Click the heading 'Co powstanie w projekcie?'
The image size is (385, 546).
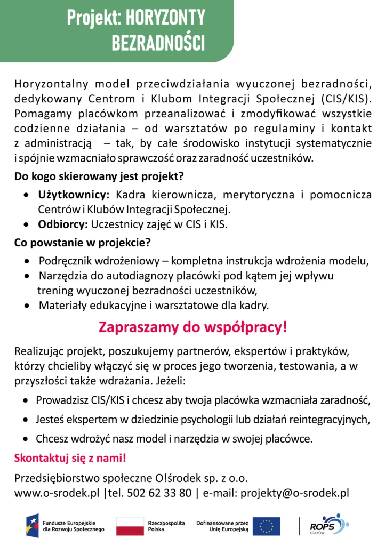(83, 243)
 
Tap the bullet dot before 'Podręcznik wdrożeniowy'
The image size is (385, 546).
(28, 262)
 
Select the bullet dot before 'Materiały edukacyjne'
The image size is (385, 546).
(28, 306)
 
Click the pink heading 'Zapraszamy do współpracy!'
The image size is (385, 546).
(192, 327)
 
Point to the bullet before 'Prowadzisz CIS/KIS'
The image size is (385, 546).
(26, 400)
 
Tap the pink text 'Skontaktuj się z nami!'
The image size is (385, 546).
(70, 458)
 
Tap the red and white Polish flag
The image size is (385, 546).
(130, 526)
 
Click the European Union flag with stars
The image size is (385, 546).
(267, 526)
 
